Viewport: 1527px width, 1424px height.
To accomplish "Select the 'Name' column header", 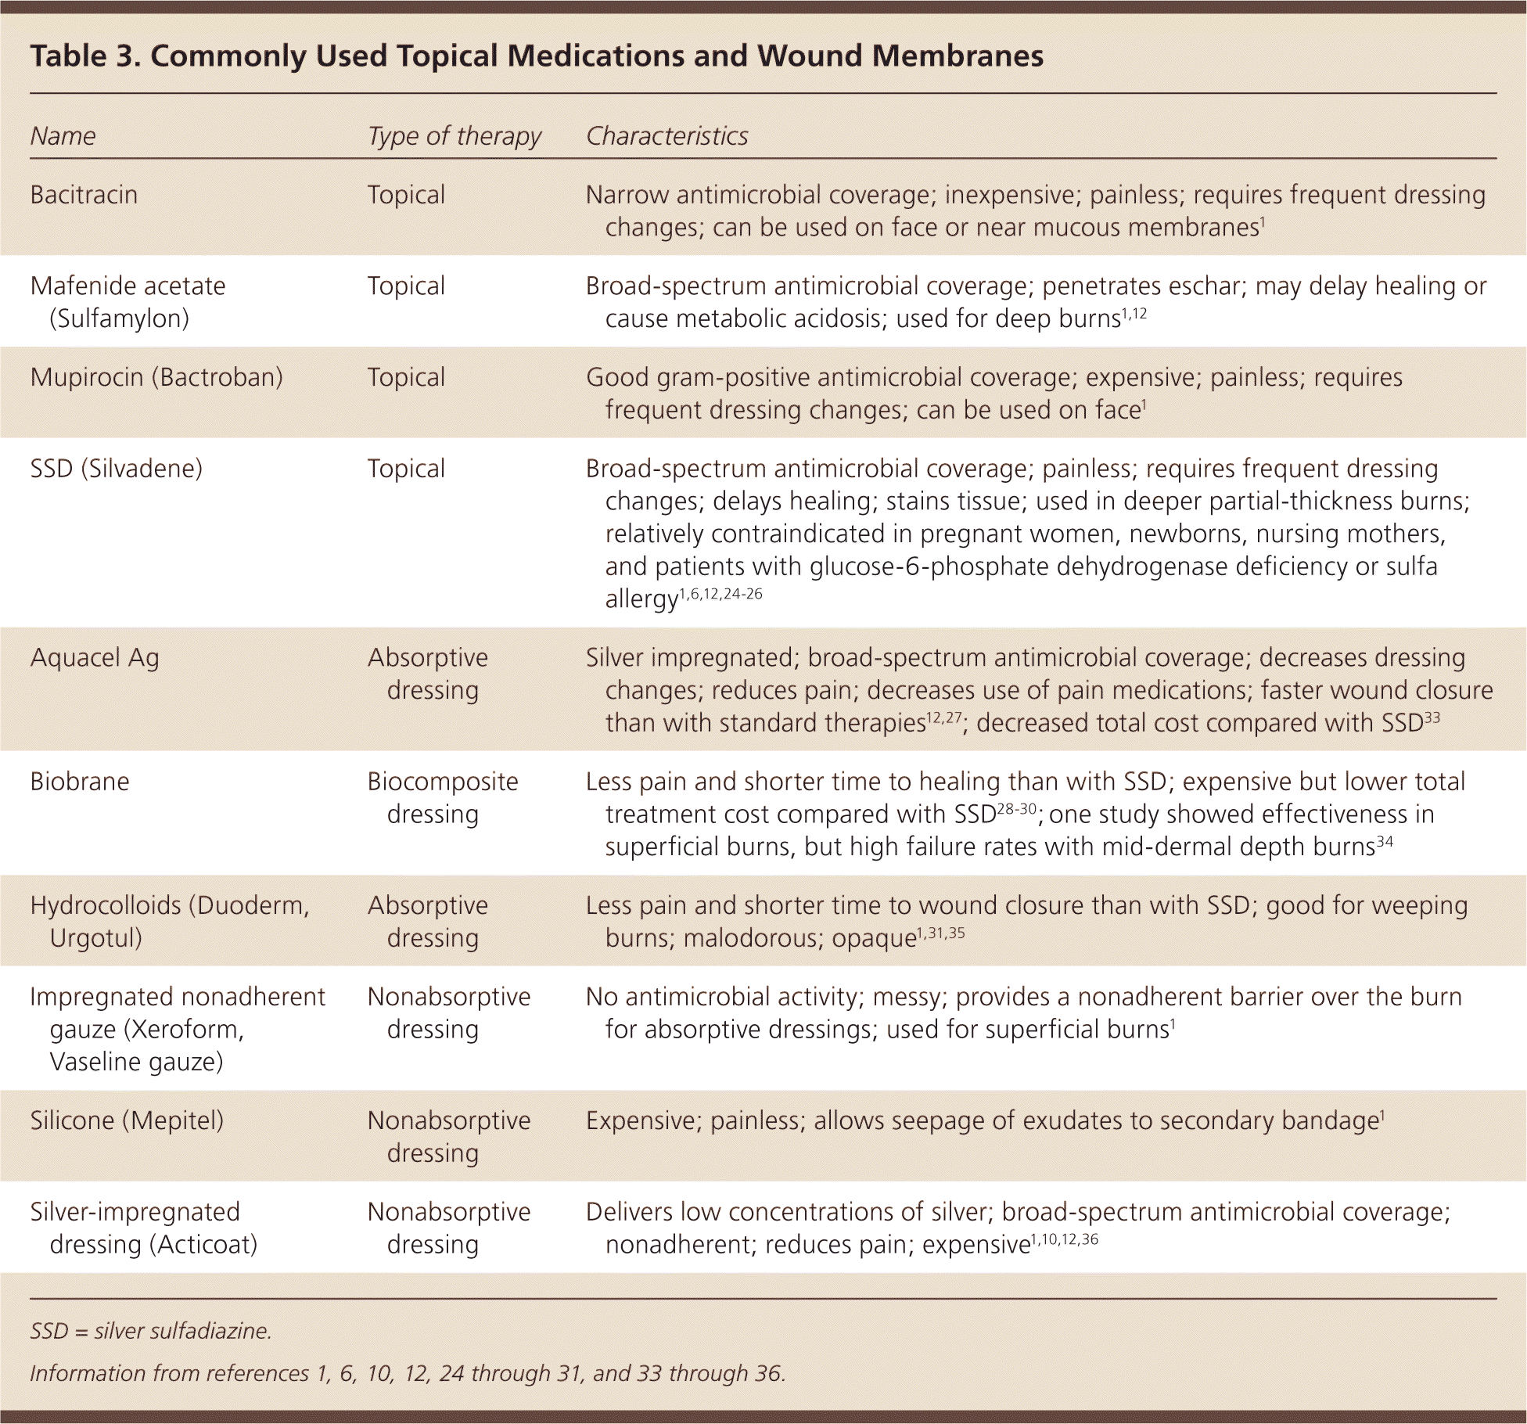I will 63,136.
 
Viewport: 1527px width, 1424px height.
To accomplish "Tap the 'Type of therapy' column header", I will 454,136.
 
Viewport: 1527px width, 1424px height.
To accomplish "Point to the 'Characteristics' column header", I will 666,136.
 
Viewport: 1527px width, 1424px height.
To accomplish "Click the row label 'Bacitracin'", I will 84,195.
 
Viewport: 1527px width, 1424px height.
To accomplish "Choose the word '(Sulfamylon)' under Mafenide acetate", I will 119,319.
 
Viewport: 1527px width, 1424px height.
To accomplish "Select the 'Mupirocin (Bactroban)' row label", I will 156,377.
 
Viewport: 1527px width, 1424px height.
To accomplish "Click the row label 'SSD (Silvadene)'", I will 116,469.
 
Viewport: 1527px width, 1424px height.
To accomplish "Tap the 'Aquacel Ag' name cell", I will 95,658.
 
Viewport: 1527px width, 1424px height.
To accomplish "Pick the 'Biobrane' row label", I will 80,782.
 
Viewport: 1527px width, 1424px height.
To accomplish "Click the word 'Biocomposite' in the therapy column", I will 443,782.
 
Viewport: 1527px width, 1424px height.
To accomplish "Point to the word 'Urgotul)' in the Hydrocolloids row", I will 95,938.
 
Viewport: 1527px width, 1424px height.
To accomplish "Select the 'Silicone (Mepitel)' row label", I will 127,1120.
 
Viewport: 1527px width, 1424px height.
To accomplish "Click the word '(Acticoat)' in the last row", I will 204,1244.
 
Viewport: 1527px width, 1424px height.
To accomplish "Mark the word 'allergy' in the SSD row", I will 641,600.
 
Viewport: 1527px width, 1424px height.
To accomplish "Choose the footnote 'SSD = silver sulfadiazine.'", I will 150,1331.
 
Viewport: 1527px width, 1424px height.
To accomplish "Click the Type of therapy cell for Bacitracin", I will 406,195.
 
